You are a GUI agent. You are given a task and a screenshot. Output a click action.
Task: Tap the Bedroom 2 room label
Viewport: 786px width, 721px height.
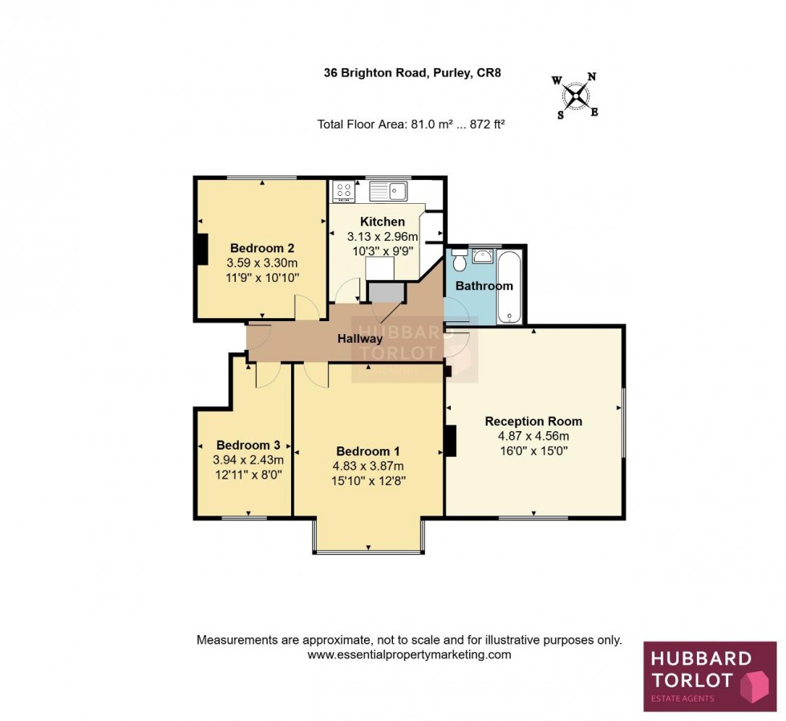coord(263,247)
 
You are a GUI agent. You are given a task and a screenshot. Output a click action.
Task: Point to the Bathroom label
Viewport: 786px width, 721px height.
coord(484,286)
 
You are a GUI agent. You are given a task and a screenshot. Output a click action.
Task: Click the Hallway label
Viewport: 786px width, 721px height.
coord(359,339)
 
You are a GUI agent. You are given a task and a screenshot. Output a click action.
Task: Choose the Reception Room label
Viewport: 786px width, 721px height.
coord(533,421)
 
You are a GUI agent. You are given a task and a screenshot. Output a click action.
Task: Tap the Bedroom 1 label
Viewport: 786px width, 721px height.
coord(368,450)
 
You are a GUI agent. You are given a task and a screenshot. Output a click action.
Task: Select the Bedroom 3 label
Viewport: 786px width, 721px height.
coord(248,445)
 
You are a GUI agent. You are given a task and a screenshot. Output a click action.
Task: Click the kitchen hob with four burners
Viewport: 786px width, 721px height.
coord(345,191)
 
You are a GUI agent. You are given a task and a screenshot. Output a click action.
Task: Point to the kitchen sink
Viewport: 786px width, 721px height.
coord(389,191)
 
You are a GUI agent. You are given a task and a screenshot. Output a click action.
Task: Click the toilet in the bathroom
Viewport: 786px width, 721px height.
coord(460,261)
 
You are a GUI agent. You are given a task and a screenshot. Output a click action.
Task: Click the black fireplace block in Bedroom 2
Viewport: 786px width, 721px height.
coord(201,249)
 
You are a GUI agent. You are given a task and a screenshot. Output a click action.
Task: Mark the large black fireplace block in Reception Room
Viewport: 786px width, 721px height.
coord(450,441)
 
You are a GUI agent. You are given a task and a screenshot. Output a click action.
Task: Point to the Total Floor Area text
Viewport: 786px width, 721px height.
coord(411,124)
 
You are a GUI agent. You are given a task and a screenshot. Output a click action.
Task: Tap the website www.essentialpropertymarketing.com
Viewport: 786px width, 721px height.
coord(409,654)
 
